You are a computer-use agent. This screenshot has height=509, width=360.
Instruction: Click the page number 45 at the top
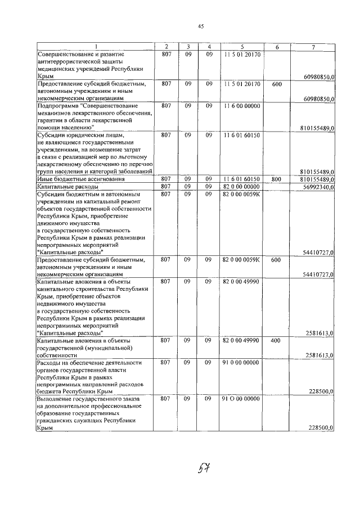pyautogui.click(x=200, y=26)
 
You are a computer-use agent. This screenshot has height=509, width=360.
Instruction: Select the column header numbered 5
pyautogui.click(x=241, y=46)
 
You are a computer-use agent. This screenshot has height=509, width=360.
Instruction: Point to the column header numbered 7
pyautogui.click(x=312, y=46)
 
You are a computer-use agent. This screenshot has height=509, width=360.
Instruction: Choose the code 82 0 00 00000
pyautogui.click(x=241, y=186)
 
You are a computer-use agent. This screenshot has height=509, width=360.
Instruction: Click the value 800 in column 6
pyautogui.click(x=276, y=178)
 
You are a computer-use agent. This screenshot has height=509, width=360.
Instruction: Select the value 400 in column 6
pyautogui.click(x=276, y=340)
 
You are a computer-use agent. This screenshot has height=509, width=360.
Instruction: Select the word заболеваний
pyautogui.click(x=135, y=171)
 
